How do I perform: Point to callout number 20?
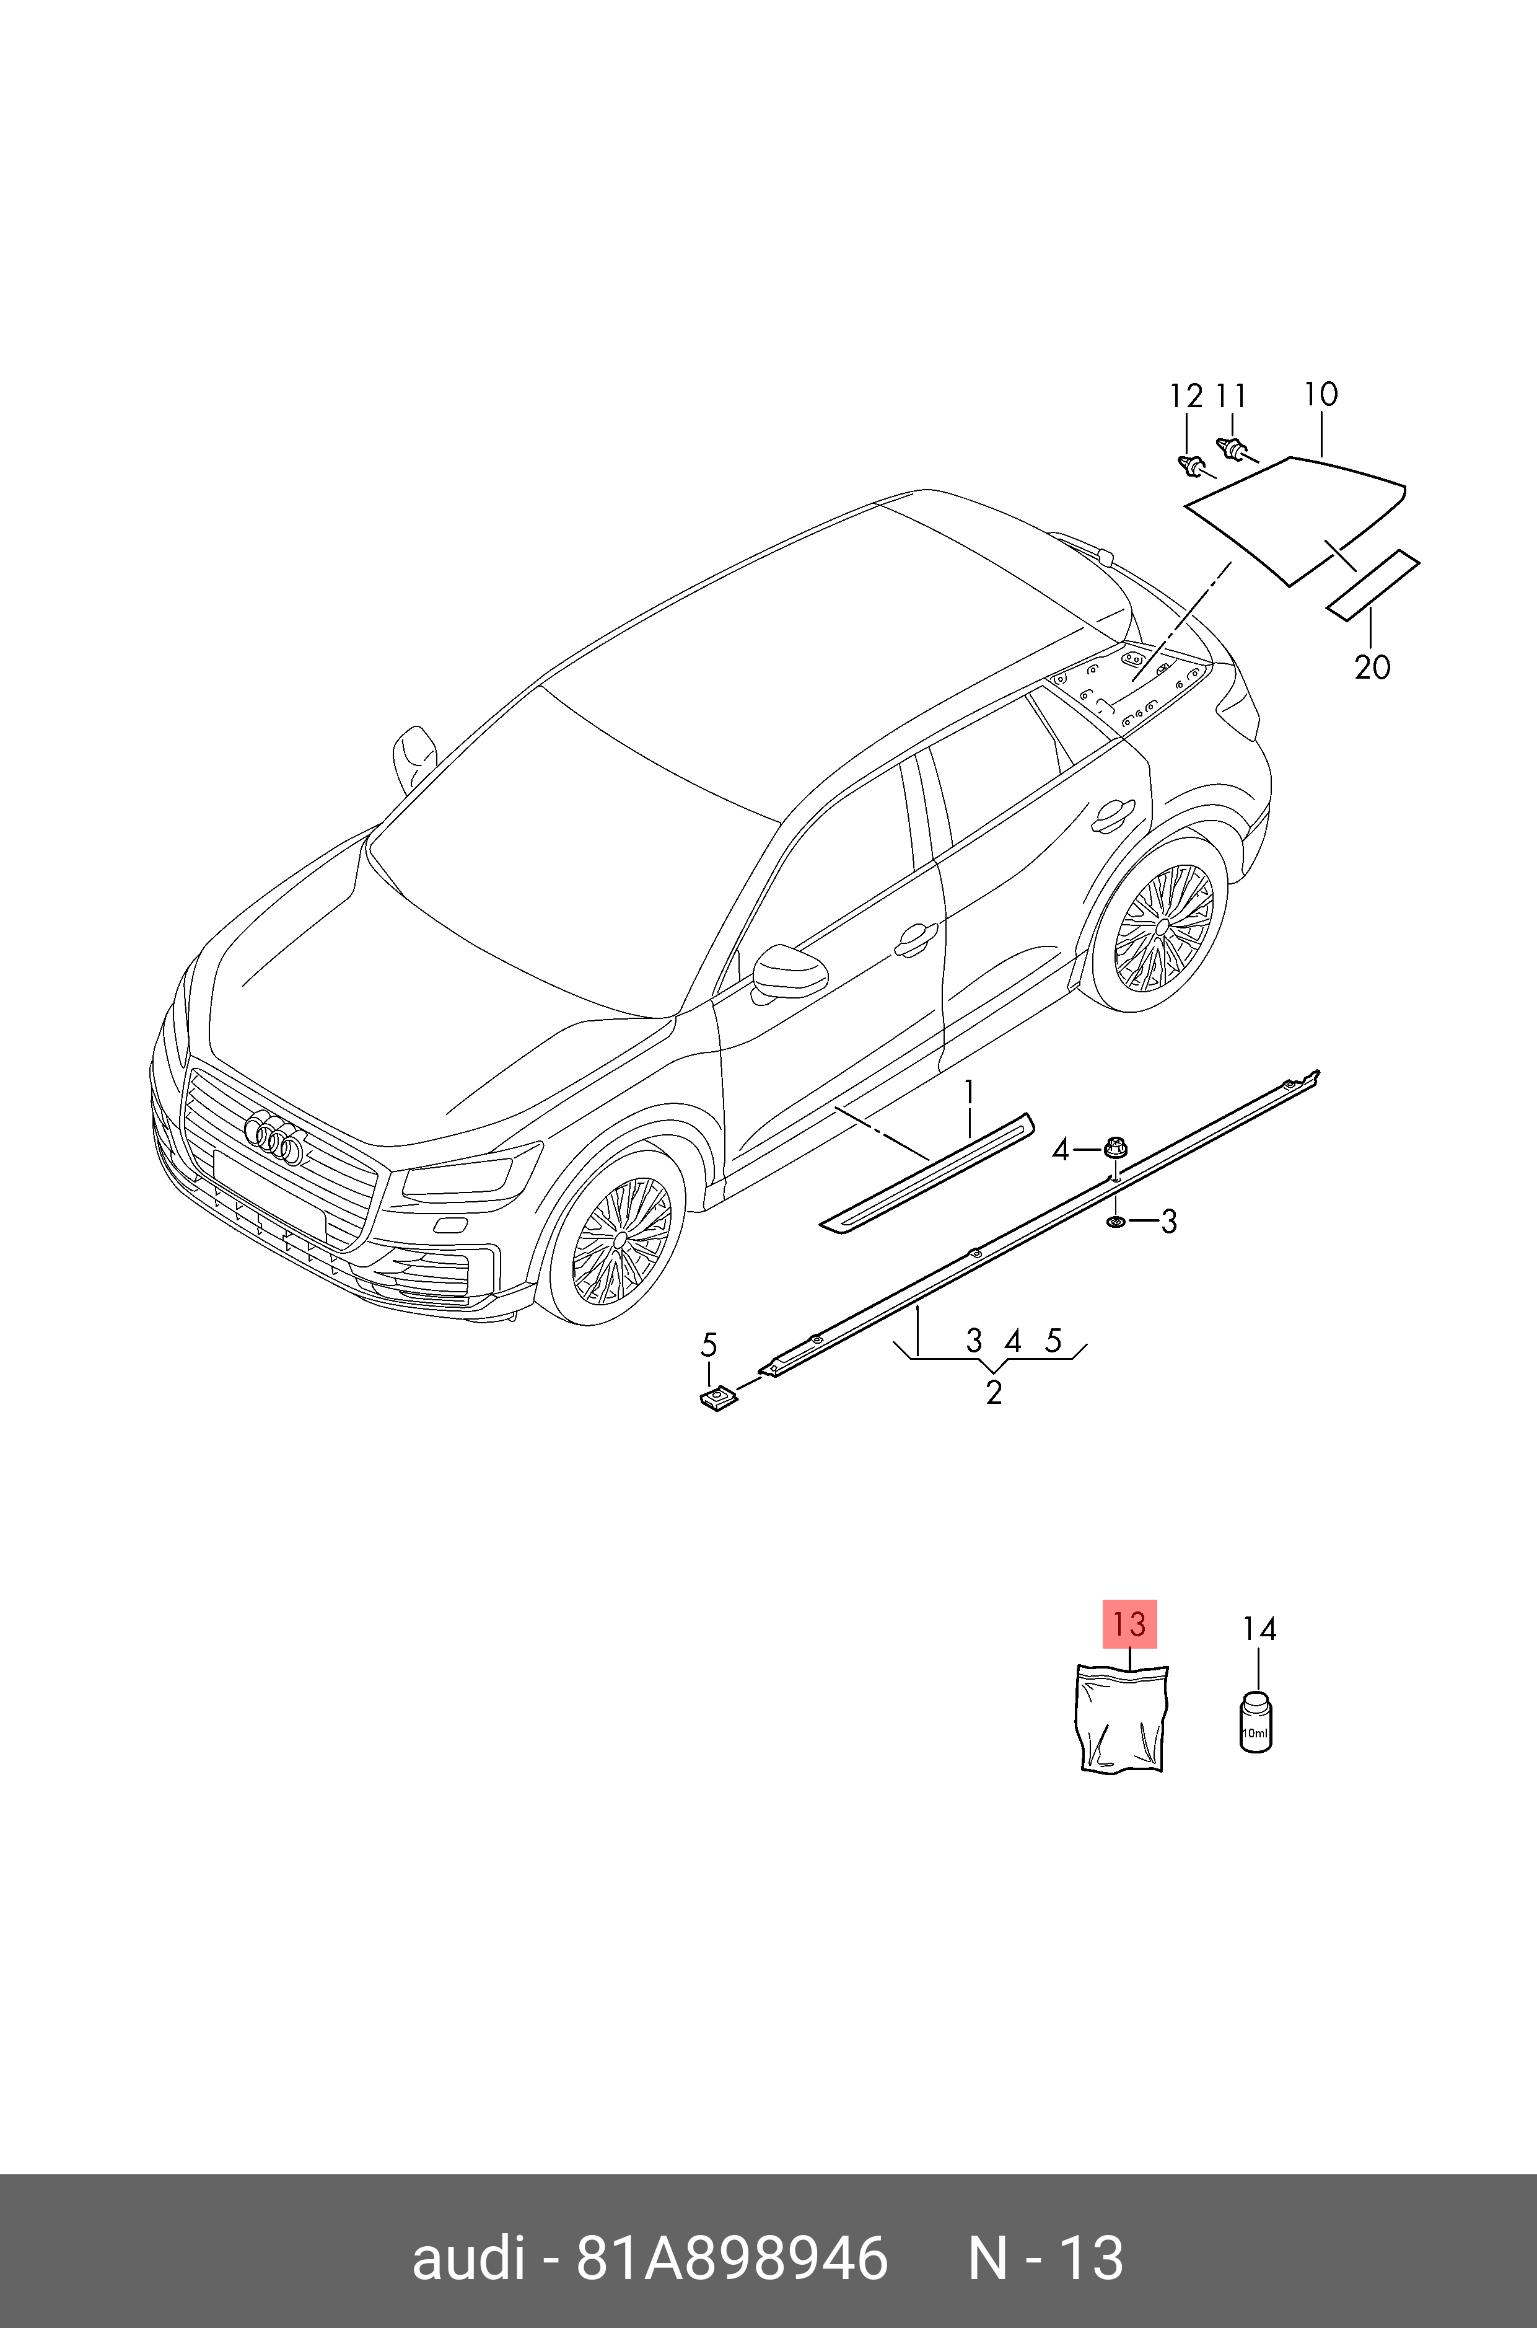pyautogui.click(x=1372, y=667)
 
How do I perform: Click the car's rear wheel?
pyautogui.click(x=1163, y=927)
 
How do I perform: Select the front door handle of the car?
pyautogui.click(x=916, y=940)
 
